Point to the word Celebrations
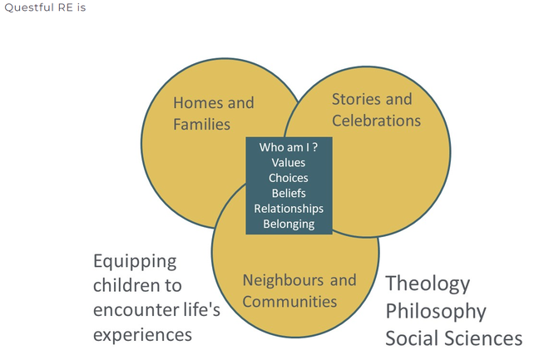point(376,121)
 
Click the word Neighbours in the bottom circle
point(279,280)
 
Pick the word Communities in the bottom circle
point(289,301)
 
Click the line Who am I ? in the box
point(289,147)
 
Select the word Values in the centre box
point(289,163)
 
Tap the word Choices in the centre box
point(289,178)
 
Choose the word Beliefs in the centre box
point(289,193)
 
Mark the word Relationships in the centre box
point(289,208)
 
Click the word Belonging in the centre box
point(289,224)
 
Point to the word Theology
point(428,284)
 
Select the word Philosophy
point(435,311)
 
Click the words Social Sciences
point(453,338)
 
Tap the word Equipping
point(135,261)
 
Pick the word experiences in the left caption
point(142,334)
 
